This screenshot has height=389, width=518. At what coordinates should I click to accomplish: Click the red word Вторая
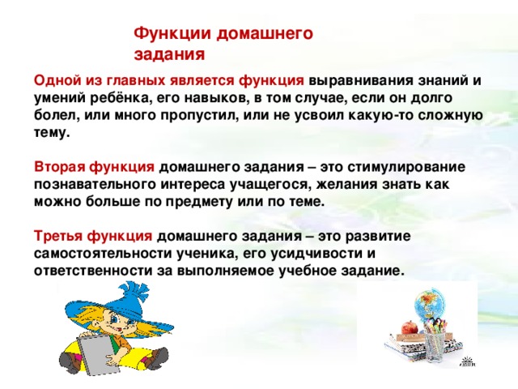coord(59,167)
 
